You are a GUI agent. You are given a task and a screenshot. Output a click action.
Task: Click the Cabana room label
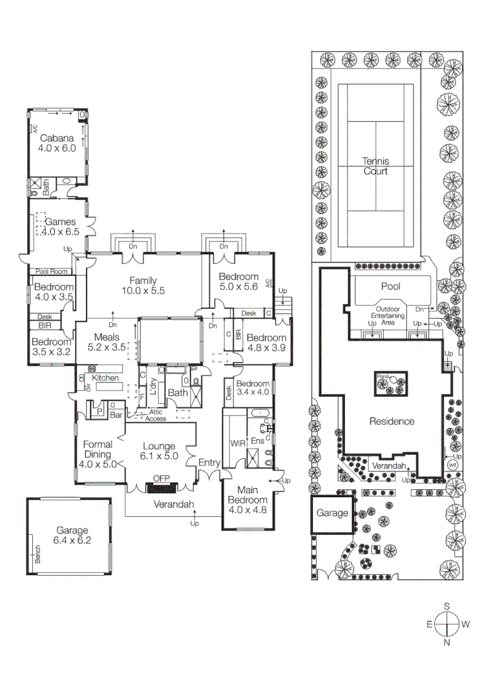[x=58, y=143]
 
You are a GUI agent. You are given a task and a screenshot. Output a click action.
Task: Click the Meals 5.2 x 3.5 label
[x=107, y=342]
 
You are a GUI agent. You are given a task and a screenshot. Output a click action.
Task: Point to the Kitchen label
[x=104, y=378]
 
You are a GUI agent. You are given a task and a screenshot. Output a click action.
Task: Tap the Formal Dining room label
[x=97, y=454]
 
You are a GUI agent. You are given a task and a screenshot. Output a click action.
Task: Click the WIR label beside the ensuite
[x=237, y=443]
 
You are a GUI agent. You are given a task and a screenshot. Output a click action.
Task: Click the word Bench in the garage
[x=37, y=554]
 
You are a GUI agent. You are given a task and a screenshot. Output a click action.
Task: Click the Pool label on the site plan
[x=391, y=287]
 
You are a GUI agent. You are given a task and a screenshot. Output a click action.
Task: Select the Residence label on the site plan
[x=391, y=421]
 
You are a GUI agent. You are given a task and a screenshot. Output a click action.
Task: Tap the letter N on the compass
[x=446, y=642]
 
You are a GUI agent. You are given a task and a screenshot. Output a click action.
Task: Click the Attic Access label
[x=155, y=415]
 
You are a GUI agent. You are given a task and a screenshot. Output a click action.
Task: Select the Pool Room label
[x=51, y=272]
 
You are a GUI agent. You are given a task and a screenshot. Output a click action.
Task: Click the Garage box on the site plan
[x=332, y=514]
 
